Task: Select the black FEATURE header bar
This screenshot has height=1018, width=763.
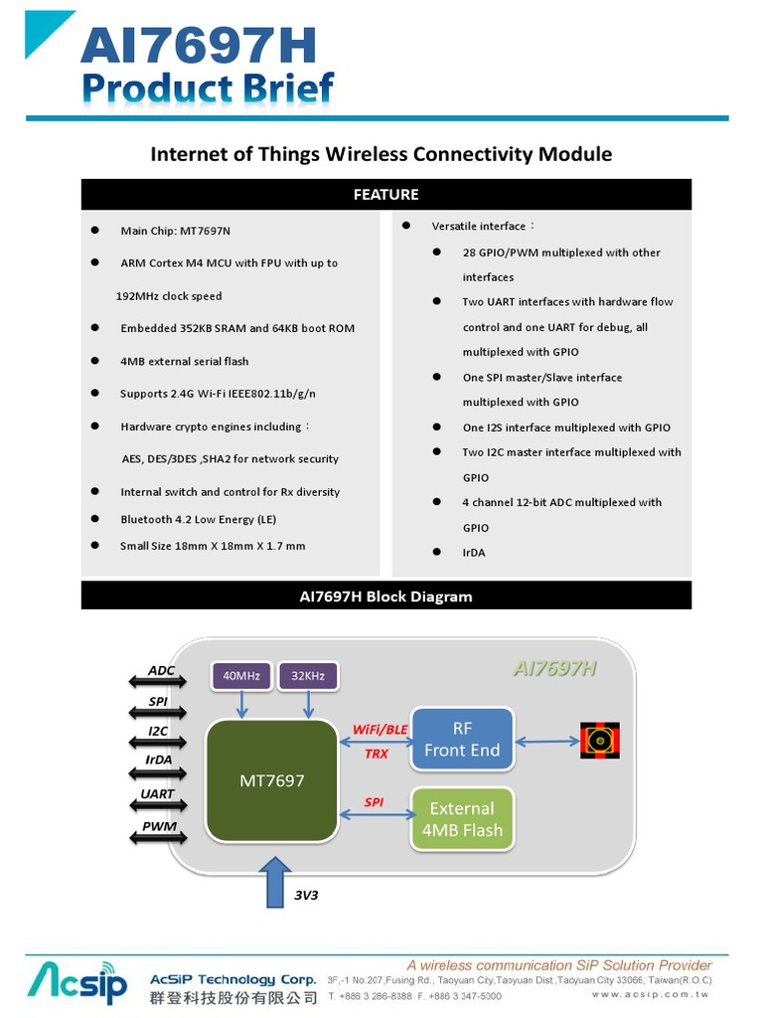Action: pyautogui.click(x=385, y=194)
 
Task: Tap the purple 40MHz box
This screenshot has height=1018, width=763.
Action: pyautogui.click(x=241, y=676)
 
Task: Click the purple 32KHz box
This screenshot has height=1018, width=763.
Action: pyautogui.click(x=308, y=676)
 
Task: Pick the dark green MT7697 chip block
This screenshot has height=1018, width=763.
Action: pyautogui.click(x=272, y=780)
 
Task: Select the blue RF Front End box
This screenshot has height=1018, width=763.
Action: pyautogui.click(x=462, y=740)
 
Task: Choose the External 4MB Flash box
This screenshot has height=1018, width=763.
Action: pyautogui.click(x=462, y=820)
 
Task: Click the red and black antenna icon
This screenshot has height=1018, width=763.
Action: pyautogui.click(x=599, y=740)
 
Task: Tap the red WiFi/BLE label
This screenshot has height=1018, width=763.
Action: pyautogui.click(x=380, y=729)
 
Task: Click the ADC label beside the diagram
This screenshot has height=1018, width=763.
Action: pyautogui.click(x=161, y=670)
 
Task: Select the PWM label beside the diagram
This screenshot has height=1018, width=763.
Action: pyautogui.click(x=159, y=826)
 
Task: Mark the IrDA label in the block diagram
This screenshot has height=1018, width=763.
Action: pyautogui.click(x=159, y=760)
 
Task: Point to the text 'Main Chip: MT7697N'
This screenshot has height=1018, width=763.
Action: pyautogui.click(x=175, y=231)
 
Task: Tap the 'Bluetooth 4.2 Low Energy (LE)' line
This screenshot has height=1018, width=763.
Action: pyautogui.click(x=198, y=519)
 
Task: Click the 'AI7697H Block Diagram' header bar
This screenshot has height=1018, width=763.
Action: pyautogui.click(x=385, y=596)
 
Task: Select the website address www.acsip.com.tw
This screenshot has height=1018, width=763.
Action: pyautogui.click(x=650, y=994)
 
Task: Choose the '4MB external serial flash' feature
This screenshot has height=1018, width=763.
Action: pyautogui.click(x=184, y=361)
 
